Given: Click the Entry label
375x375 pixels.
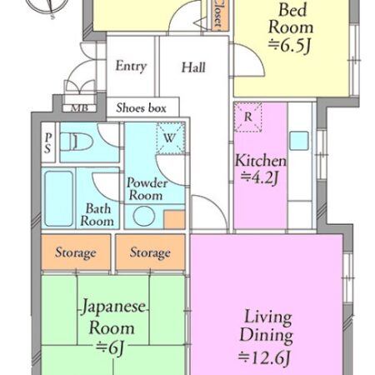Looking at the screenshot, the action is (x=131, y=66).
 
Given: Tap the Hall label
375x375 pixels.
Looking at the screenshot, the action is (x=193, y=67).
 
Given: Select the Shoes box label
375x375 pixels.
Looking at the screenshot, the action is (x=141, y=107).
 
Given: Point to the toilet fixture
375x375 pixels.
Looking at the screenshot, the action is (x=77, y=142).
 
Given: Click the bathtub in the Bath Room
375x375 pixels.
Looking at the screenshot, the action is (x=59, y=198).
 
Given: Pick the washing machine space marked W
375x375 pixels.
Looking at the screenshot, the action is (x=170, y=137).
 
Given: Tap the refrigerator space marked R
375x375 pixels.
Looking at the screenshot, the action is (x=247, y=117).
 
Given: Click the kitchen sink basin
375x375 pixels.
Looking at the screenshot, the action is (x=299, y=141).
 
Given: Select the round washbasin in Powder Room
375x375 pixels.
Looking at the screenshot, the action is (x=144, y=216).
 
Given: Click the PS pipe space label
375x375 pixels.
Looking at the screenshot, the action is (x=48, y=142).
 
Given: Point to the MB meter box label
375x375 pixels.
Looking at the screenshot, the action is (x=79, y=107).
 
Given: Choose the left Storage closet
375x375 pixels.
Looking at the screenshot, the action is (x=76, y=252).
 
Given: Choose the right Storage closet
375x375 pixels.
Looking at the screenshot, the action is (x=150, y=252).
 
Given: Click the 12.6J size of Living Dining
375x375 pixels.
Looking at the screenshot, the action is (x=264, y=357).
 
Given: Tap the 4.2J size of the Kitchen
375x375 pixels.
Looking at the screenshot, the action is (x=259, y=177).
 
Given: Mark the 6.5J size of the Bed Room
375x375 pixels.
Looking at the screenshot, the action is (x=289, y=45).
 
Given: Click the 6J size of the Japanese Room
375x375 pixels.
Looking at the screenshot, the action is (x=109, y=347).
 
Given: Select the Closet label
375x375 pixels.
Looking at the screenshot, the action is (x=218, y=14).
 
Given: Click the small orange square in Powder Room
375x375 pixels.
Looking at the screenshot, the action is (x=174, y=219).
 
